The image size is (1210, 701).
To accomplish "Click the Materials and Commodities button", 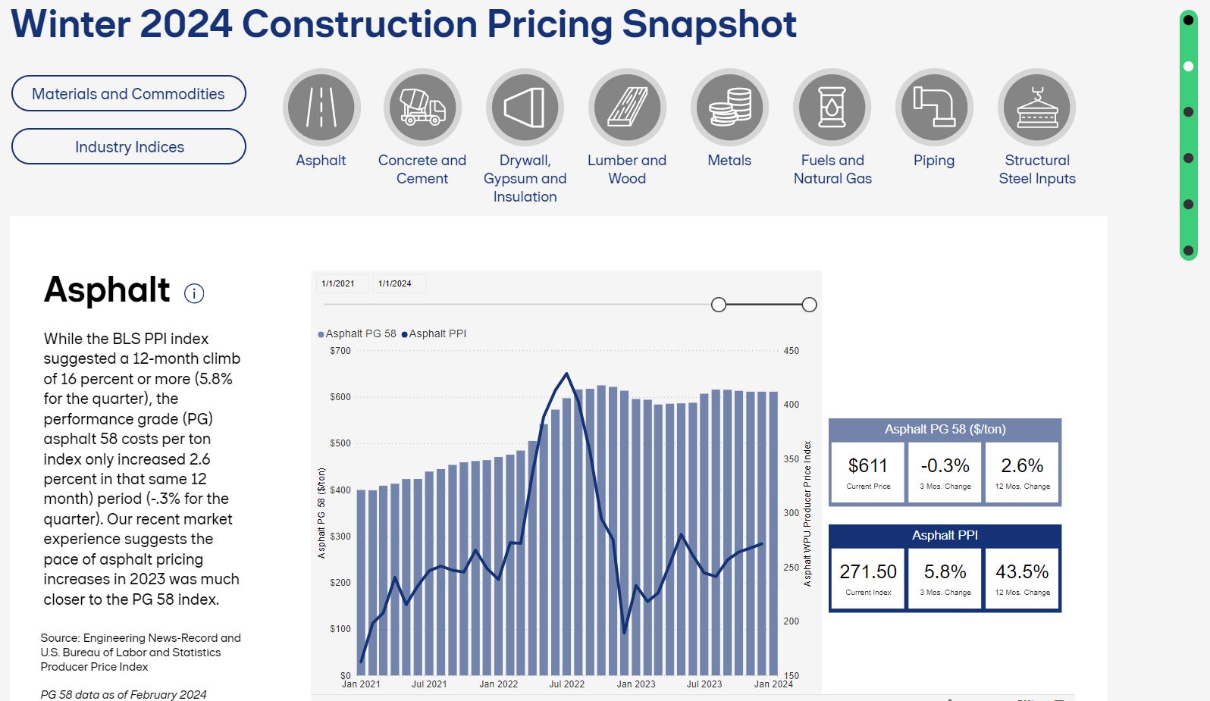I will pyautogui.click(x=128, y=93).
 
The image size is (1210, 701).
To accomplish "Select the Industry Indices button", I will pyautogui.click(x=128, y=146).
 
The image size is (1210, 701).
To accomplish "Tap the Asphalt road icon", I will pyautogui.click(x=321, y=108).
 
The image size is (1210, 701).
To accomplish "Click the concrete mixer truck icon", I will pyautogui.click(x=422, y=108).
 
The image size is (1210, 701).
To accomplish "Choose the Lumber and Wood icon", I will pyautogui.click(x=627, y=108).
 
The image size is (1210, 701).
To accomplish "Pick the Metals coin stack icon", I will pyautogui.click(x=729, y=108).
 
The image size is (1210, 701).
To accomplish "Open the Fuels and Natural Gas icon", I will pyautogui.click(x=832, y=108).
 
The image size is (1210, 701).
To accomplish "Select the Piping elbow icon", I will pyautogui.click(x=934, y=108).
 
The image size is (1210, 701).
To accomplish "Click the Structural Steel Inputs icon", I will pyautogui.click(x=1036, y=108).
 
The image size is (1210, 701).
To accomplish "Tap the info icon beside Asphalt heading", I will pyautogui.click(x=194, y=293).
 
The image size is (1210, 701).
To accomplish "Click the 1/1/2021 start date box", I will pyautogui.click(x=338, y=283).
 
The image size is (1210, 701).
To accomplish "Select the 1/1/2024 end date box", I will pyautogui.click(x=395, y=283).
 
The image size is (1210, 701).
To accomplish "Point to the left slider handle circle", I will pyautogui.click(x=719, y=305).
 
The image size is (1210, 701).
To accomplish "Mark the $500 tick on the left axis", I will pyautogui.click(x=340, y=443).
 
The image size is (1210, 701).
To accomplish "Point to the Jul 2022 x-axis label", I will pyautogui.click(x=566, y=684).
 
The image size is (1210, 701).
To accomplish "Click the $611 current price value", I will pyautogui.click(x=868, y=465).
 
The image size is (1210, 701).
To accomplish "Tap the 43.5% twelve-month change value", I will pyautogui.click(x=1022, y=571).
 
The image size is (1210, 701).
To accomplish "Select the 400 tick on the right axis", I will pyautogui.click(x=791, y=405).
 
